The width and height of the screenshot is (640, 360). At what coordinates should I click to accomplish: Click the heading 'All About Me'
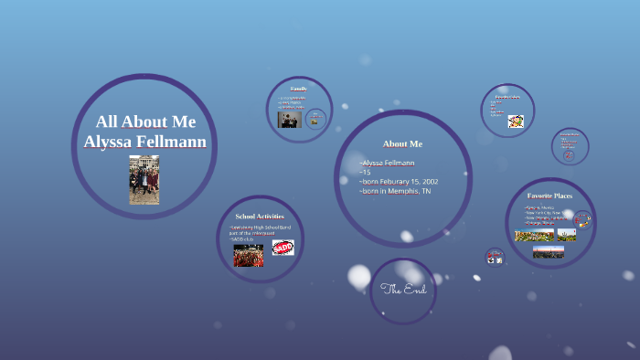144,122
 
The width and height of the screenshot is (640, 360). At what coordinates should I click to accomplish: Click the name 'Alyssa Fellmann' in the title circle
144,143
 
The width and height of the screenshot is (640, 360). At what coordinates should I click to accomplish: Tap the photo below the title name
144,179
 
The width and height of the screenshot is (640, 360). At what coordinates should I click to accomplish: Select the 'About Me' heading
402,143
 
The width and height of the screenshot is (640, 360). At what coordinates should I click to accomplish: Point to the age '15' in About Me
366,172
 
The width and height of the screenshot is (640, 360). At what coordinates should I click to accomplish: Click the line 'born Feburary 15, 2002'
400,181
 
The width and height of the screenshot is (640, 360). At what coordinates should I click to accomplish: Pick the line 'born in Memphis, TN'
395,191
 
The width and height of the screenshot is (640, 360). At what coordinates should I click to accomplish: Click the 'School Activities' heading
260,216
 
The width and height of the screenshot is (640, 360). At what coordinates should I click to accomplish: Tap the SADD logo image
283,248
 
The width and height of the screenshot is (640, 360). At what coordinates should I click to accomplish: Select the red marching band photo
248,256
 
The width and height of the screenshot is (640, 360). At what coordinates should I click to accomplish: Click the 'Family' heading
298,89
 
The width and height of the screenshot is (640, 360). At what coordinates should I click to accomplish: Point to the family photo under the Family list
290,120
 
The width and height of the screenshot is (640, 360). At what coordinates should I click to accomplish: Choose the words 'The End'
403,290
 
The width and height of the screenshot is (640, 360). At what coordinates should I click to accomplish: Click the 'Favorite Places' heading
549,196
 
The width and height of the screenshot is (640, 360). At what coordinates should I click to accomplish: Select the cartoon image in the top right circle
516,121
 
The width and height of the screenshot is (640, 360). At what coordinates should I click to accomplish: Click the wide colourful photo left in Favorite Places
534,235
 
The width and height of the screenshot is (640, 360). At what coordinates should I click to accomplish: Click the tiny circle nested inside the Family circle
315,119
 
